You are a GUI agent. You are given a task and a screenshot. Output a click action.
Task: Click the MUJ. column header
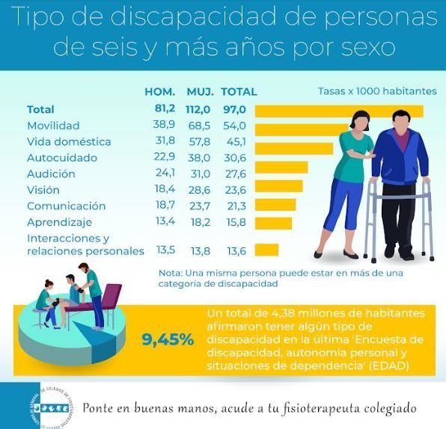pos(201,92)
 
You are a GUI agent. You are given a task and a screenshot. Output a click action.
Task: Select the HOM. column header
pos(160,92)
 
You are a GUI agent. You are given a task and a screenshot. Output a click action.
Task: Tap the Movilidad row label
pos(53,126)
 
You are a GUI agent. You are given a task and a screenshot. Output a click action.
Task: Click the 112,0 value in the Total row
pos(201,109)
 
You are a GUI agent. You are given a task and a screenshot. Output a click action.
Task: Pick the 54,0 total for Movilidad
pos(235,126)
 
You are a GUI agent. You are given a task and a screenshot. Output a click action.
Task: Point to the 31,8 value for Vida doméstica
pos(165,141)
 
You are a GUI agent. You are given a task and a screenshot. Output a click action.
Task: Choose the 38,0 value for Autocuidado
pos(200,158)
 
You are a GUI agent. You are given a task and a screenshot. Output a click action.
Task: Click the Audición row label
pos(51,173)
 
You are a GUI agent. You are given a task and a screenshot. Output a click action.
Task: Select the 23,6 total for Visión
pos(235,190)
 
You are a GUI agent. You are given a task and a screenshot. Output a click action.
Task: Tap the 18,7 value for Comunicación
pos(165,206)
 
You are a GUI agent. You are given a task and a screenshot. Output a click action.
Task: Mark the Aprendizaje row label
pos(59,222)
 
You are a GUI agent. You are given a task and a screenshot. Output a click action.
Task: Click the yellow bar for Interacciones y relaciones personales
pos(267,250)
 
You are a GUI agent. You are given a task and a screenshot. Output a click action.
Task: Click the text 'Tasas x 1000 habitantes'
pos(377,91)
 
